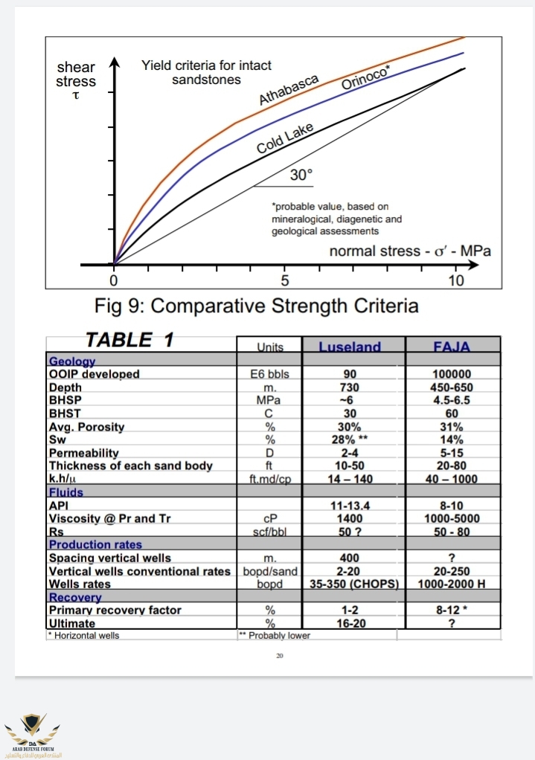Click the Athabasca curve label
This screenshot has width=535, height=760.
pyautogui.click(x=289, y=89)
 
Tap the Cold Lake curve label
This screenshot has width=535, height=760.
pyautogui.click(x=285, y=138)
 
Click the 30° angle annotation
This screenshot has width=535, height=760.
pyautogui.click(x=301, y=175)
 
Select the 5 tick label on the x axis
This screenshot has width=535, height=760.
pyautogui.click(x=285, y=281)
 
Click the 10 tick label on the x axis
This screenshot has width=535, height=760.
pyautogui.click(x=456, y=281)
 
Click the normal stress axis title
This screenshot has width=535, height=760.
pyautogui.click(x=410, y=251)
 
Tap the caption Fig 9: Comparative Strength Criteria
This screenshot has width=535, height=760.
pyautogui.click(x=257, y=306)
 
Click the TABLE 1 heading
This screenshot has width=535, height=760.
pyautogui.click(x=129, y=341)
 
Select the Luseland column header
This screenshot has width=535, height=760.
pyautogui.click(x=350, y=347)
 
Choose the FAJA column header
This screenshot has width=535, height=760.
pyautogui.click(x=452, y=347)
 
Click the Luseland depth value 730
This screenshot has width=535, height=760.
pyautogui.click(x=350, y=387)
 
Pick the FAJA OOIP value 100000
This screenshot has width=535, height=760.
pyautogui.click(x=452, y=374)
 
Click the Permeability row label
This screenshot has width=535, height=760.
pyautogui.click(x=84, y=453)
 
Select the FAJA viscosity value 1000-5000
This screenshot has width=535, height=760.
pyautogui.click(x=452, y=518)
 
